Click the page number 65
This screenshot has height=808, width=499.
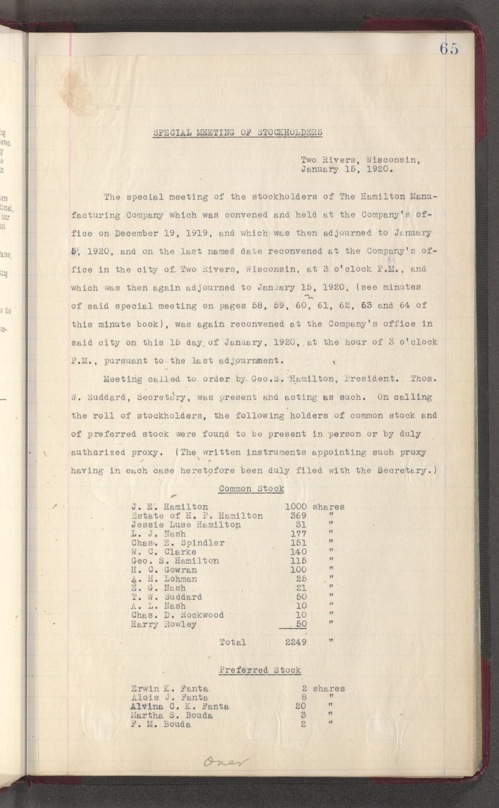[x=449, y=49]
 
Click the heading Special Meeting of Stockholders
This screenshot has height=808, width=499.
[x=238, y=132]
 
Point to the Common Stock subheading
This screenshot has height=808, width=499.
[x=251, y=488]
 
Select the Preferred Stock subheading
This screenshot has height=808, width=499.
[x=260, y=670]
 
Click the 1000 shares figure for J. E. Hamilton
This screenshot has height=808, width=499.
[x=295, y=506]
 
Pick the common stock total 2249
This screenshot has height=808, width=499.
[x=296, y=642]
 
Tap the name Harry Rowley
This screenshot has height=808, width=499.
[x=164, y=624]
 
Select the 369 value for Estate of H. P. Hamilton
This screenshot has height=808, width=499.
[x=298, y=516]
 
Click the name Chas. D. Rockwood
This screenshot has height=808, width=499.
[x=178, y=615]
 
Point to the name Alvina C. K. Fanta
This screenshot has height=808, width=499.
[x=180, y=706]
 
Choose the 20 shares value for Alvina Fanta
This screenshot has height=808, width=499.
[x=301, y=706]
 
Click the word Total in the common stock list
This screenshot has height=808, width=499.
[x=232, y=642]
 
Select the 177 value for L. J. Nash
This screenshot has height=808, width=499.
[x=298, y=533]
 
